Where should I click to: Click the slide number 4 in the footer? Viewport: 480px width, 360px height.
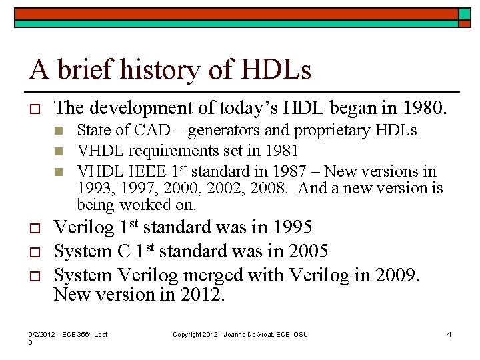pyautogui.click(x=449, y=334)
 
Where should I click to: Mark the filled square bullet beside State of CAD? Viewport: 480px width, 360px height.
pyautogui.click(x=59, y=131)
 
